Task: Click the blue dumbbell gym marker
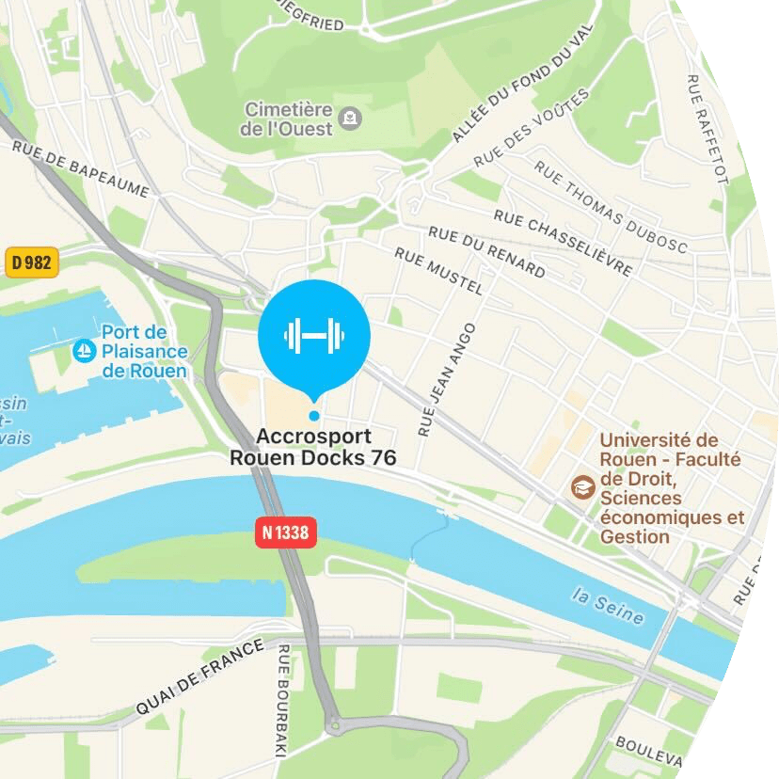pyautogui.click(x=314, y=335)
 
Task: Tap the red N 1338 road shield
pyautogui.click(x=286, y=533)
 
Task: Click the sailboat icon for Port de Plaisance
pyautogui.click(x=85, y=352)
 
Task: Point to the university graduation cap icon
pyautogui.click(x=582, y=487)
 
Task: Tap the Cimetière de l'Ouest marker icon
pyautogui.click(x=350, y=118)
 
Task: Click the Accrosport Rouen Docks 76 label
pyautogui.click(x=313, y=447)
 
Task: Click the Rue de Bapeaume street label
pyautogui.click(x=81, y=169)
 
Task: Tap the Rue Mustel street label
pyautogui.click(x=438, y=271)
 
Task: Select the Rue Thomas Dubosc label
pyautogui.click(x=611, y=207)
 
